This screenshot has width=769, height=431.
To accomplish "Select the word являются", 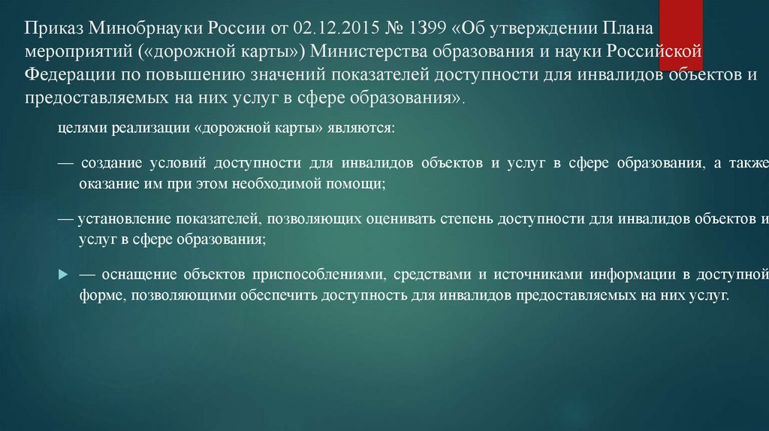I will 359,128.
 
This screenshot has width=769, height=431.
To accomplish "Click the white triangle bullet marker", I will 63,276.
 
